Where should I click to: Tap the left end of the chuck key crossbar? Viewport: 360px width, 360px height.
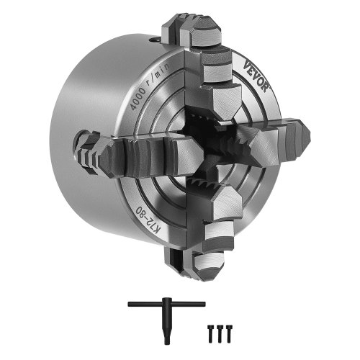[132, 305]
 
